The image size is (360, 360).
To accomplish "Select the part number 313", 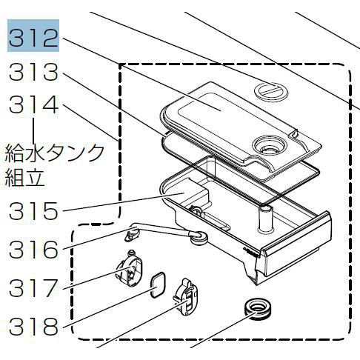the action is (34, 72).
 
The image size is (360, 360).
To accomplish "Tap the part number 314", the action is (34, 105).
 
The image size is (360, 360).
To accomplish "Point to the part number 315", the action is (34, 210).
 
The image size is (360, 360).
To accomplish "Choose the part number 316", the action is (34, 250).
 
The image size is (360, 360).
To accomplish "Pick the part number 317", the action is (34, 288).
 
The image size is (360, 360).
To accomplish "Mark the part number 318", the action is (34, 327).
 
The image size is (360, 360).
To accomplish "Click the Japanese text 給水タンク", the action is (55, 153).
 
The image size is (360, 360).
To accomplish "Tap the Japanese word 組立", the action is (24, 177).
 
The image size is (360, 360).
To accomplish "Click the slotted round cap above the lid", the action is (271, 91).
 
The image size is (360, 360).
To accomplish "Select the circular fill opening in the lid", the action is (270, 145).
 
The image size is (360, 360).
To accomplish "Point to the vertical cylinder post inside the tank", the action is (264, 220).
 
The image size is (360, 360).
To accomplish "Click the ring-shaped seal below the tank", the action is (257, 309).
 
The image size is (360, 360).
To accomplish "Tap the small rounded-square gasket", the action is (158, 285).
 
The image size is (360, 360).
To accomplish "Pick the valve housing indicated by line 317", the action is (130, 269).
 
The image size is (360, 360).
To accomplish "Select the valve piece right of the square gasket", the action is (187, 297).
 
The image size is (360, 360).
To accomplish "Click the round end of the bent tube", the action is (198, 237).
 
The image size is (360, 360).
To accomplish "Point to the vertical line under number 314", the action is (34, 130).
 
